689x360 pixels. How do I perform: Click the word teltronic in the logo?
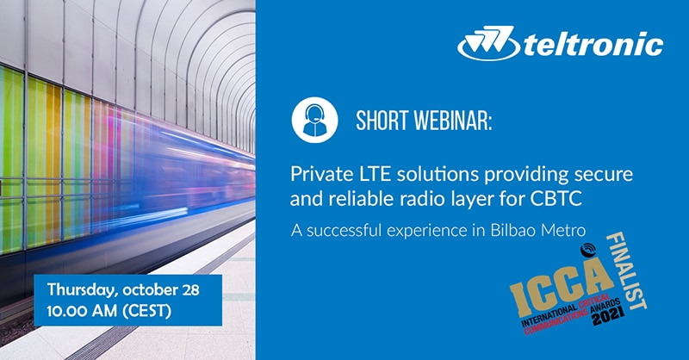pos(594,44)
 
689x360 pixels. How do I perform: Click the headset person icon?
pos(314,120)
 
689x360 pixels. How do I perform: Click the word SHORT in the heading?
pos(382,120)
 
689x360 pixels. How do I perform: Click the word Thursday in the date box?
pos(84,290)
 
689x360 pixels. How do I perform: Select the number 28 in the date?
pos(189,290)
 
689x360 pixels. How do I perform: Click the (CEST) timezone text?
pos(146,311)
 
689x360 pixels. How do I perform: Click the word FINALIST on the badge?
pos(627,270)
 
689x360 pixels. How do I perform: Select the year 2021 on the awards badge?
pos(609,315)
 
